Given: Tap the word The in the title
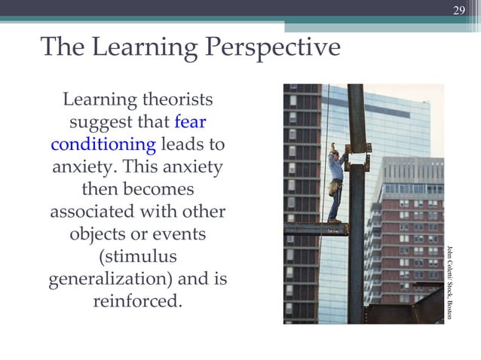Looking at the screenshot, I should pyautogui.click(x=63, y=47).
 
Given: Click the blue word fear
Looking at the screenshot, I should pyautogui.click(x=190, y=121).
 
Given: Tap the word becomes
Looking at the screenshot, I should pyautogui.click(x=158, y=188).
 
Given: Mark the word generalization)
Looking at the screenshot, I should pyautogui.click(x=111, y=279).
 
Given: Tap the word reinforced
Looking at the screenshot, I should pyautogui.click(x=138, y=301).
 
